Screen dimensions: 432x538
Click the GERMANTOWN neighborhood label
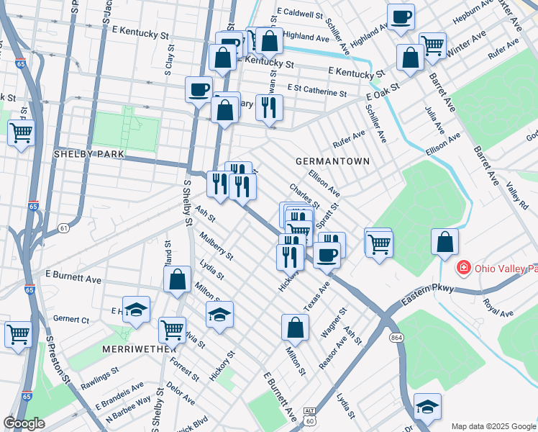(332, 161)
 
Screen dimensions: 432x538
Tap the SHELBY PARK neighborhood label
(89, 155)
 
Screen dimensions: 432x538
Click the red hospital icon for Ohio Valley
(465, 268)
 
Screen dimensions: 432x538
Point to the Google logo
(24, 423)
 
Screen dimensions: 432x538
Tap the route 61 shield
(64, 228)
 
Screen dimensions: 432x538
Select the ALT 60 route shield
(309, 416)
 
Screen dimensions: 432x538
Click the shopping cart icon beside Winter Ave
(432, 45)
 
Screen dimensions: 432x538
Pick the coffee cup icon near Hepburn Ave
(401, 17)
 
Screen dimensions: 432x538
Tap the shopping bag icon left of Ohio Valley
(444, 242)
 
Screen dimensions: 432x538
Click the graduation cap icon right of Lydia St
(220, 314)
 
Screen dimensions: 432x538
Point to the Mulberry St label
(217, 246)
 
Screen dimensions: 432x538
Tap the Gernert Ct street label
(70, 319)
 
